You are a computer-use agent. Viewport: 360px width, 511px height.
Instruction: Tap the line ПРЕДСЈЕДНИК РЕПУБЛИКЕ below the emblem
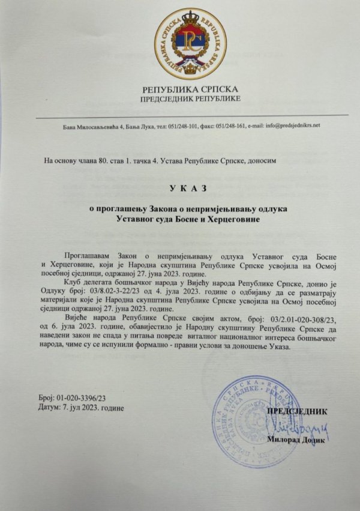(x=190, y=98)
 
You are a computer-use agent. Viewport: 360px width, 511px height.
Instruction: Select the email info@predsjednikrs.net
(x=287, y=125)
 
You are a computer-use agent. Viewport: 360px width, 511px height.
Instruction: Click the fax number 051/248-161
(x=223, y=125)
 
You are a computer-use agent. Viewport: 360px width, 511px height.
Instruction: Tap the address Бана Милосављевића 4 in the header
(x=93, y=125)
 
